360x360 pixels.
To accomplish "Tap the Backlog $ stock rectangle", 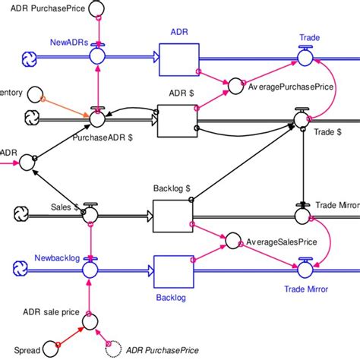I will coord(172,216).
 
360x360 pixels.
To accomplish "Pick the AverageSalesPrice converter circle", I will coord(233,242).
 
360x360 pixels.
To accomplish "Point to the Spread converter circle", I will coord(51,348).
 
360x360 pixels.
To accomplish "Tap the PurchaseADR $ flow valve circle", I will coord(96,118).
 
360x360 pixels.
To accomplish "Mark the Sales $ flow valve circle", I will coord(90,214).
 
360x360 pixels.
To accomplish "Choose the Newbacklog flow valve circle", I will coord(90,268).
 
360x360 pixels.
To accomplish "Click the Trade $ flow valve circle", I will coord(303,118).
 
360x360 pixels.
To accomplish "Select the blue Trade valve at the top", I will coord(305,56).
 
